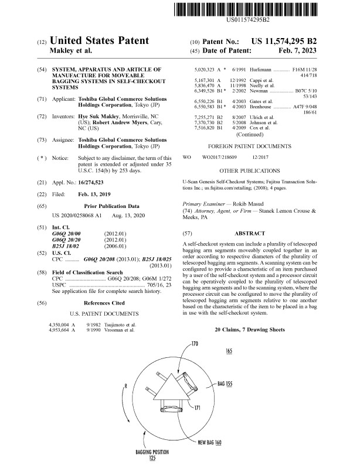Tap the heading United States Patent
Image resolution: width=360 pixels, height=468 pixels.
pos(99,42)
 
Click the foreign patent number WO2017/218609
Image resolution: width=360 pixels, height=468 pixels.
pos(219,158)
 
